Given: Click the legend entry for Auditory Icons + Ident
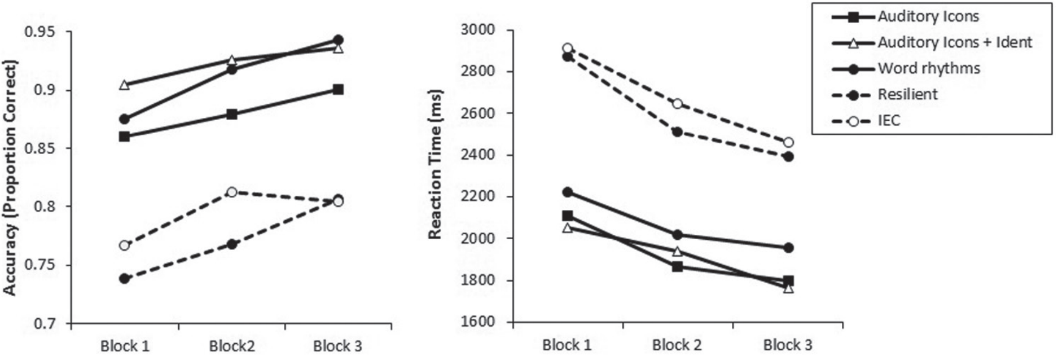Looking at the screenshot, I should tap(954, 42).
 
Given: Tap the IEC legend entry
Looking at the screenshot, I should tap(889, 120).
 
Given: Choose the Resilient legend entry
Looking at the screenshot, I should tap(907, 94).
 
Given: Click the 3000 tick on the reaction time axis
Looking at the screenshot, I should tap(478, 29).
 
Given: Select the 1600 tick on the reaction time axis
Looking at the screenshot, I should tap(478, 322).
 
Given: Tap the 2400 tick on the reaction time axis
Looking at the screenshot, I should tap(478, 155).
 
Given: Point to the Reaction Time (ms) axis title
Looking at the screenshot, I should tap(434, 164).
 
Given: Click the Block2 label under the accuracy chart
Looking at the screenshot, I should tap(231, 345).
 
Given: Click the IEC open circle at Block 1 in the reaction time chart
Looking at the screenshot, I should tap(567, 48).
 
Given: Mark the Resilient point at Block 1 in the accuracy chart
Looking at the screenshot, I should tap(124, 279).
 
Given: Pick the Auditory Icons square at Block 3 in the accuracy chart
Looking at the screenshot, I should tap(338, 89).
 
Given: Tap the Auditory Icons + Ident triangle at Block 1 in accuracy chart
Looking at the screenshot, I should tap(124, 85).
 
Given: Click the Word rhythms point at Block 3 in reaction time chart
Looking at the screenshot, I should tap(788, 248).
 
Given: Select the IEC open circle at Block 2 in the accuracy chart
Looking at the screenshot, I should tap(231, 192).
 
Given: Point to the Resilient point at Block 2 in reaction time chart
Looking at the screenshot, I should tap(677, 132).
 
